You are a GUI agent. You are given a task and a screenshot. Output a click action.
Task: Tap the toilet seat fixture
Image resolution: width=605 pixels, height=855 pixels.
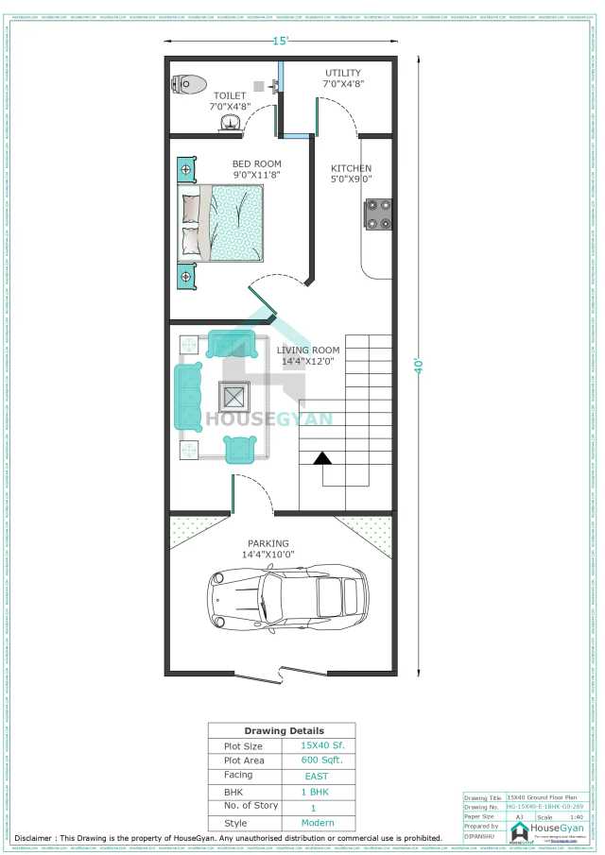tap(190, 84)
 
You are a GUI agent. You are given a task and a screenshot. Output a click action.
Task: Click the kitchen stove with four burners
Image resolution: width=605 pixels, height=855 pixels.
tap(380, 214)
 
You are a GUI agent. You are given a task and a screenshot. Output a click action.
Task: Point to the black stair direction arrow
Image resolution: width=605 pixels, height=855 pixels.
tap(322, 458)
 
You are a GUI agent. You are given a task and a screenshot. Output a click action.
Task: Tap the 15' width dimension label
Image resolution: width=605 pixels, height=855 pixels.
tap(281, 42)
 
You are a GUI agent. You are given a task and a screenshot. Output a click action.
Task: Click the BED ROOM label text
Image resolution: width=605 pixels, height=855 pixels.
tap(256, 163)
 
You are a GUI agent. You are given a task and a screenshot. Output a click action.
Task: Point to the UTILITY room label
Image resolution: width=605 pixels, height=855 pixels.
tap(343, 73)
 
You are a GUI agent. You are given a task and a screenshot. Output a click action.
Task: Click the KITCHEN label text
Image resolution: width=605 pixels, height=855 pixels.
tap(351, 168)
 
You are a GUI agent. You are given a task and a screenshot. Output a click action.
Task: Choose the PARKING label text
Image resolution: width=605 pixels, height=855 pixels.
tap(268, 543)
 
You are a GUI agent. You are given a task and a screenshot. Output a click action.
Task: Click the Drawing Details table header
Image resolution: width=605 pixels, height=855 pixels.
tap(284, 730)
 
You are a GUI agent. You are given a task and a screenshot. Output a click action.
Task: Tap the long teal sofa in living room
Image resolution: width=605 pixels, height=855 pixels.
tap(188, 396)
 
